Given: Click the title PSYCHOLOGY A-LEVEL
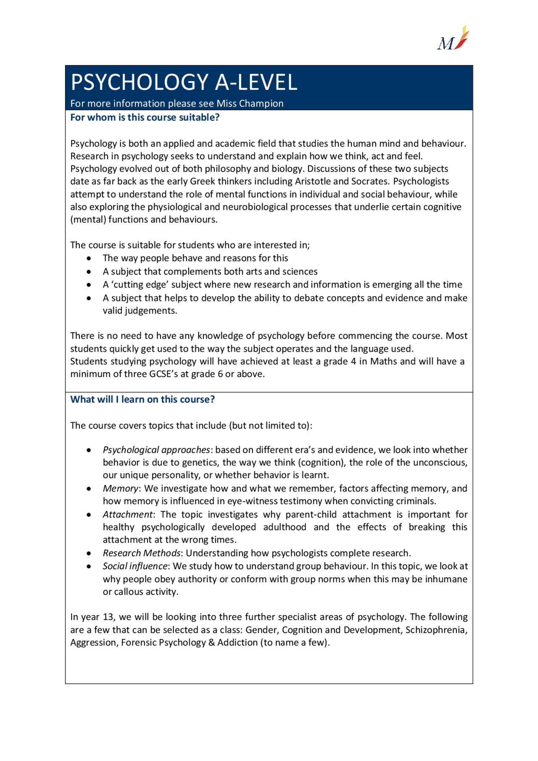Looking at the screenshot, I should pyautogui.click(x=184, y=82).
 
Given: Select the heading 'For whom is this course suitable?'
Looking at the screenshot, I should pyautogui.click(x=145, y=118).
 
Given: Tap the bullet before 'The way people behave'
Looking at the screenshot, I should pyautogui.click(x=89, y=259).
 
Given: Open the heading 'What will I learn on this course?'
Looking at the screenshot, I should pyautogui.click(x=142, y=400).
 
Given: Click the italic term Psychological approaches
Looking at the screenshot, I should pyautogui.click(x=156, y=450).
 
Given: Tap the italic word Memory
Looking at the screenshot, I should pyautogui.click(x=120, y=489).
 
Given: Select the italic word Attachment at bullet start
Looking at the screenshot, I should pyautogui.click(x=128, y=515).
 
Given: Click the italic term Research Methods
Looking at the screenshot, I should pyautogui.click(x=141, y=553).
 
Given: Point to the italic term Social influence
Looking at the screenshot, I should pyautogui.click(x=135, y=566).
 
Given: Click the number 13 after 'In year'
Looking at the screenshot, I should pyautogui.click(x=108, y=617).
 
